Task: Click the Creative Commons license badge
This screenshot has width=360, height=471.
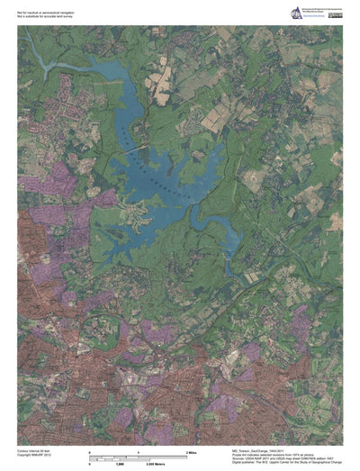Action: (334, 9)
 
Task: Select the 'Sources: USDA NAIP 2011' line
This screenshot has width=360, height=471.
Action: (279, 457)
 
